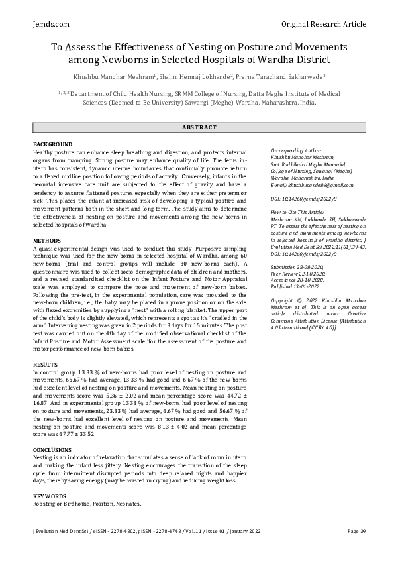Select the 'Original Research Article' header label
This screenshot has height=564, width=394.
[323, 24]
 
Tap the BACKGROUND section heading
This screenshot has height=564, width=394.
[52, 144]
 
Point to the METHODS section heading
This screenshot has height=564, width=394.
[47, 240]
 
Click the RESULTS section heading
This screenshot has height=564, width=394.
[46, 365]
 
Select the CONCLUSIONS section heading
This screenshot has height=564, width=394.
[52, 449]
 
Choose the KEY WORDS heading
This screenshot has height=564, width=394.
[50, 496]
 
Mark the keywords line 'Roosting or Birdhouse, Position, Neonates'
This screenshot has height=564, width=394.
[87, 504]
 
